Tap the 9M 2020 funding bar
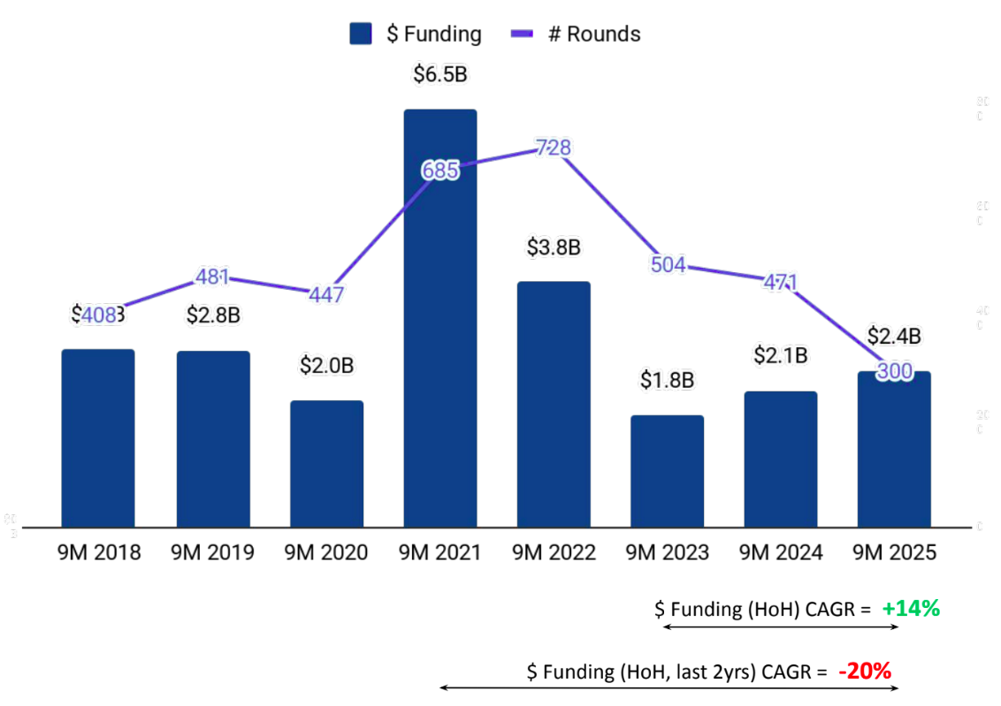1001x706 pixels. point(326,464)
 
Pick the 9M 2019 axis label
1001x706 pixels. point(212,553)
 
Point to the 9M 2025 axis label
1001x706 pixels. point(894,553)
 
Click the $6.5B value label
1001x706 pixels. point(439,75)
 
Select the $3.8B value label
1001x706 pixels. point(553,247)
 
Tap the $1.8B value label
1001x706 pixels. point(668,381)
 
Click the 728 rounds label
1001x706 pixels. point(554,148)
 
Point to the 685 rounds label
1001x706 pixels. point(440,171)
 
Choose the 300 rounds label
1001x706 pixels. point(894,372)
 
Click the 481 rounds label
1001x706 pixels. point(213,277)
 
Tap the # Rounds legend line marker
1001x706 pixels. point(523,34)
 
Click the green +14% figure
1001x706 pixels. point(911,608)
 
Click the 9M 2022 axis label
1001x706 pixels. point(554,553)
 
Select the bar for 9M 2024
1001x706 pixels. point(781,459)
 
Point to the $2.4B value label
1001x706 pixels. point(894,337)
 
